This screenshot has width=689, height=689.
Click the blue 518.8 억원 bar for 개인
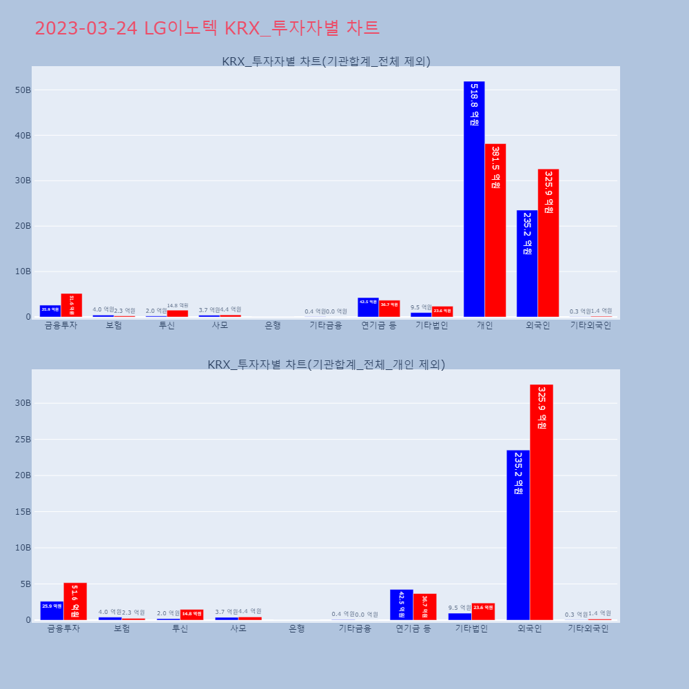[474, 200]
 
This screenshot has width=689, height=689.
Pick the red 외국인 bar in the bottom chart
[542, 502]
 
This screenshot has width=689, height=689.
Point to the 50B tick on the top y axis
[23, 90]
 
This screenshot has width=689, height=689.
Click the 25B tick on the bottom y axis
[23, 440]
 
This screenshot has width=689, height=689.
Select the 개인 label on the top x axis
[484, 325]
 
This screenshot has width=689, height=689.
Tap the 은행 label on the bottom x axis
[297, 628]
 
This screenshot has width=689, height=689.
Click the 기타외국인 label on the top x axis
[590, 325]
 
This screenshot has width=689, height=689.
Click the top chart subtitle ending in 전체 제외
[326, 61]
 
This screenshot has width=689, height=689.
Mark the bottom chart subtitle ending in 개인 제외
[326, 364]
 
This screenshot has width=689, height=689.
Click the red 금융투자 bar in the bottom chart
[75, 601]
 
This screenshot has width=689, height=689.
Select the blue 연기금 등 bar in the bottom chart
[402, 605]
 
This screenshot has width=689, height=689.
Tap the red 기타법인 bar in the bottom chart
[483, 612]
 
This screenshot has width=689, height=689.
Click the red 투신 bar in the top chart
[178, 313]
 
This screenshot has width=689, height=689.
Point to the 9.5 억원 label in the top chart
[421, 307]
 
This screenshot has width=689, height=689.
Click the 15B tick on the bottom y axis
[23, 512]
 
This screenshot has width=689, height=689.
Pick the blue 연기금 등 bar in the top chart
[368, 307]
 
